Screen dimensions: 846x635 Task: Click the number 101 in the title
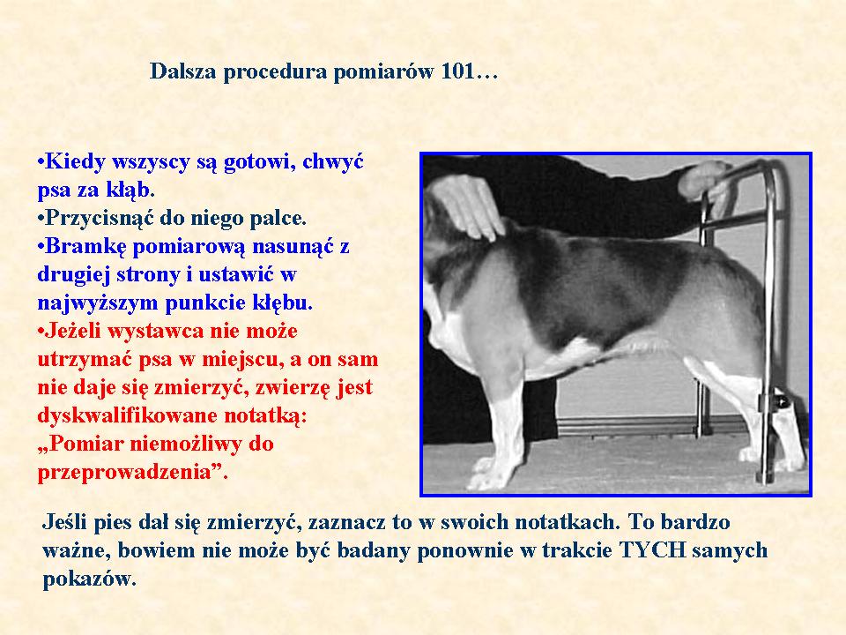[x=457, y=71]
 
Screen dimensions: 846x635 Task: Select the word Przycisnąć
[x=100, y=218]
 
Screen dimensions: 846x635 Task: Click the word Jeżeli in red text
[x=72, y=331]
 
